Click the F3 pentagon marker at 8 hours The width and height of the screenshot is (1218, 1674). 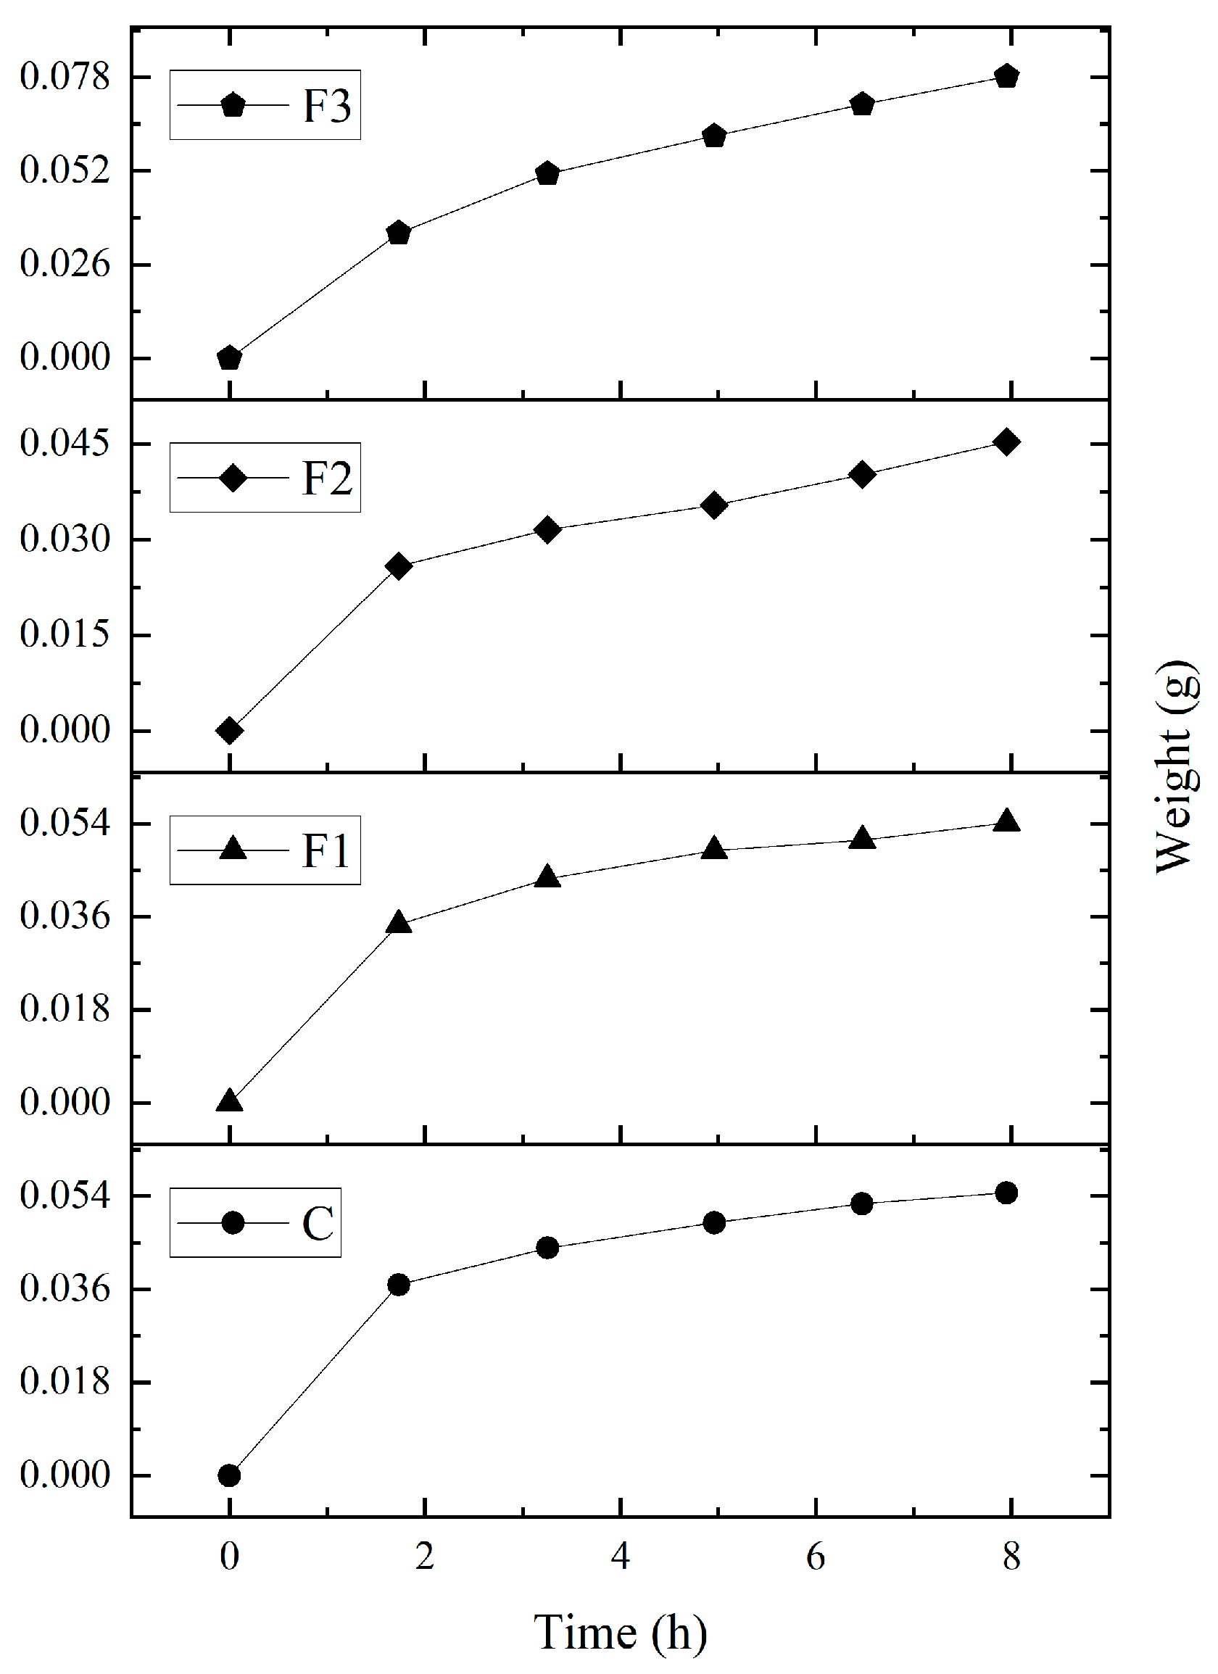[1007, 76]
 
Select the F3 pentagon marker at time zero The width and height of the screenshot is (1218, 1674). [230, 358]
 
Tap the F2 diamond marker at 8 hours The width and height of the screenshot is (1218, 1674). [1007, 442]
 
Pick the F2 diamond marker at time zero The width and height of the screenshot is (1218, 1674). [230, 731]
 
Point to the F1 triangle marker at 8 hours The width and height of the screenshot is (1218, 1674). [1007, 821]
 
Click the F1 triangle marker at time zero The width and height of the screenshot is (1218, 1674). [230, 1101]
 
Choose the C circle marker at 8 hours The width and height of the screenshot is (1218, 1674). [1007, 1193]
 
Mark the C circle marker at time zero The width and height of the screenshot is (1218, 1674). [230, 1475]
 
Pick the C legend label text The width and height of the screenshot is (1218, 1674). [318, 1223]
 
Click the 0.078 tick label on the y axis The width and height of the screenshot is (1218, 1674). [65, 77]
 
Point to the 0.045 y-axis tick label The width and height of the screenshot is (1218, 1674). [65, 444]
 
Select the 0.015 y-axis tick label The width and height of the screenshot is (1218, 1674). [65, 635]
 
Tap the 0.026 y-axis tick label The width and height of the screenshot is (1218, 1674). [65, 264]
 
